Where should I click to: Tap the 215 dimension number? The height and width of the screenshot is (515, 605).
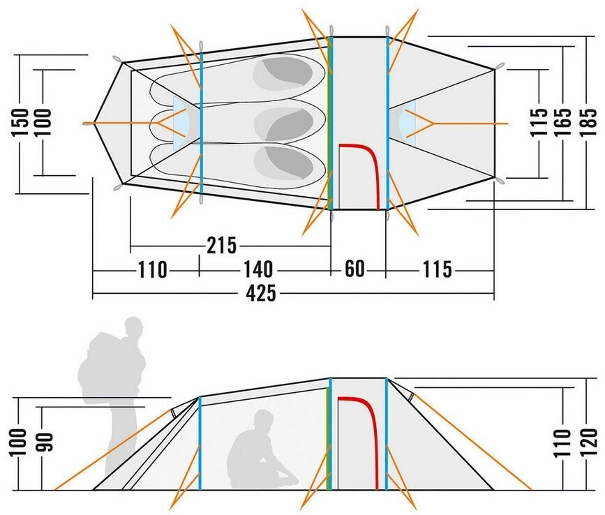click(x=223, y=246)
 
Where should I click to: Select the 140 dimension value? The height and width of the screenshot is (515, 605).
click(x=257, y=269)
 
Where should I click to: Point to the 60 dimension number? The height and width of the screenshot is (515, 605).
click(x=355, y=269)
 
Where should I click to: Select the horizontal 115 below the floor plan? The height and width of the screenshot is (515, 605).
click(x=437, y=269)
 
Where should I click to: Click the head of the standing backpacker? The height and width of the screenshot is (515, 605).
click(x=133, y=328)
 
